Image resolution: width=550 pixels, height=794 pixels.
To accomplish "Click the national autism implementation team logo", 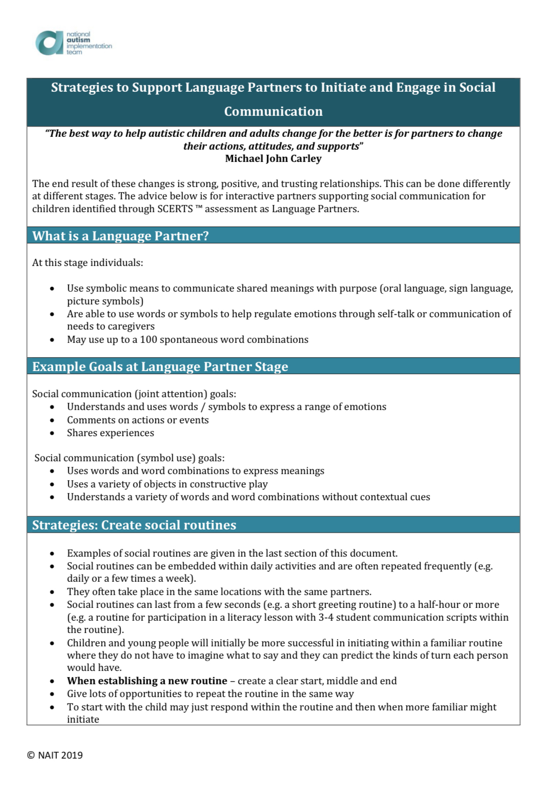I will (73, 43).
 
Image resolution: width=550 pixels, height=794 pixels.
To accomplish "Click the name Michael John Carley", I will (273, 159).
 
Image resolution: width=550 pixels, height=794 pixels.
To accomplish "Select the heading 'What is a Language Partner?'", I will (120, 236).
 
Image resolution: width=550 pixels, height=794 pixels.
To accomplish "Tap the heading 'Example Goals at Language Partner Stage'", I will (160, 367).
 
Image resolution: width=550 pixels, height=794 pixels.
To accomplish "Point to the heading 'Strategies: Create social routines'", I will (134, 525).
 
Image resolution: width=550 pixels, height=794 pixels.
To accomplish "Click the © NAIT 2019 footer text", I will (55, 755).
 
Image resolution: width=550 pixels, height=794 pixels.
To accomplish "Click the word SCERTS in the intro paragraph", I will (175, 209).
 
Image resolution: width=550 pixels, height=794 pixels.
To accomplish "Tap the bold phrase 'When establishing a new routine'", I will (147, 681).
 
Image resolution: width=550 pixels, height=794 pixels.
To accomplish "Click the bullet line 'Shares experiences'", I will (110, 433).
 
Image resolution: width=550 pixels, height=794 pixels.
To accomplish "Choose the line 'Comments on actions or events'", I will (138, 420).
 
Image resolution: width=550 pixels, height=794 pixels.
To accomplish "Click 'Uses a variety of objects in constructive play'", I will (167, 484).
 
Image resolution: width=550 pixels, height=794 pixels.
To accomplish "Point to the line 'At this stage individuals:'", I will (88, 263).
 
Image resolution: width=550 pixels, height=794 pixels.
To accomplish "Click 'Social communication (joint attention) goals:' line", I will (134, 394).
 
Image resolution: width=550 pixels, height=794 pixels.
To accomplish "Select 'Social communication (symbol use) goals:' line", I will (130, 458).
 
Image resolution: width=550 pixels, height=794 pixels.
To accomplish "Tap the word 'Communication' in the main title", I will (273, 111).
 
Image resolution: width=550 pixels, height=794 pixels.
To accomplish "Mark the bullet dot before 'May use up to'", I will (52, 340).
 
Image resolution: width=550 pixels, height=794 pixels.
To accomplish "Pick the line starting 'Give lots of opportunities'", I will (210, 694).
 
